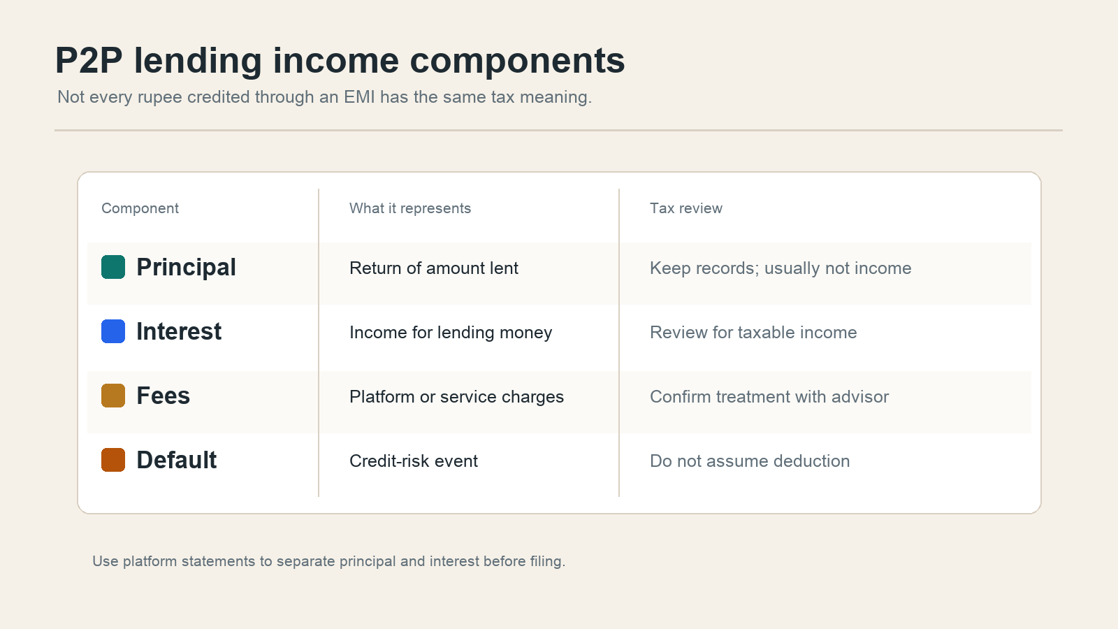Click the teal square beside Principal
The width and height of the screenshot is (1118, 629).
[x=112, y=266]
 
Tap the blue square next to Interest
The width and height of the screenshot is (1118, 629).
[x=112, y=331]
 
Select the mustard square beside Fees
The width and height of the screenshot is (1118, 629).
[x=112, y=396]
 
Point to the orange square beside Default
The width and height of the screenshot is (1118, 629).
[x=112, y=460]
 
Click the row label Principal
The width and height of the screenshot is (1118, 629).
[x=186, y=267]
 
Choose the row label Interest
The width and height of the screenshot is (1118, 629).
[x=179, y=331]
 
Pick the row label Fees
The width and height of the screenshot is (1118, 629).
[x=164, y=396]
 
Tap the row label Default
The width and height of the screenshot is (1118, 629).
[x=177, y=461]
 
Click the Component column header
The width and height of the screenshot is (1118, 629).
[x=140, y=208]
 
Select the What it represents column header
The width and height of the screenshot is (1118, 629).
[x=409, y=208]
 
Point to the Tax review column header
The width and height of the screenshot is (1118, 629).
[x=685, y=208]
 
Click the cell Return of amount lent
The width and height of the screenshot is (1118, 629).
[x=434, y=268]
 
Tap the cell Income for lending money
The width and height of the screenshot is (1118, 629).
[x=451, y=333]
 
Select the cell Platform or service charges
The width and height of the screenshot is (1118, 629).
[x=456, y=397]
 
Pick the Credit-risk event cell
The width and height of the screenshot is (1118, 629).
[x=413, y=461]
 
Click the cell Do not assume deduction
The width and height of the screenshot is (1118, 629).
[x=750, y=461]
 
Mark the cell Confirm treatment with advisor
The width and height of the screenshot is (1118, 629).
[x=769, y=397]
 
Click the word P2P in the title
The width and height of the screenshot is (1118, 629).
[x=89, y=61]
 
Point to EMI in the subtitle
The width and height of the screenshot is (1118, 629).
[x=359, y=97]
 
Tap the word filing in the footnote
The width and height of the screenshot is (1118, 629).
[x=548, y=562]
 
